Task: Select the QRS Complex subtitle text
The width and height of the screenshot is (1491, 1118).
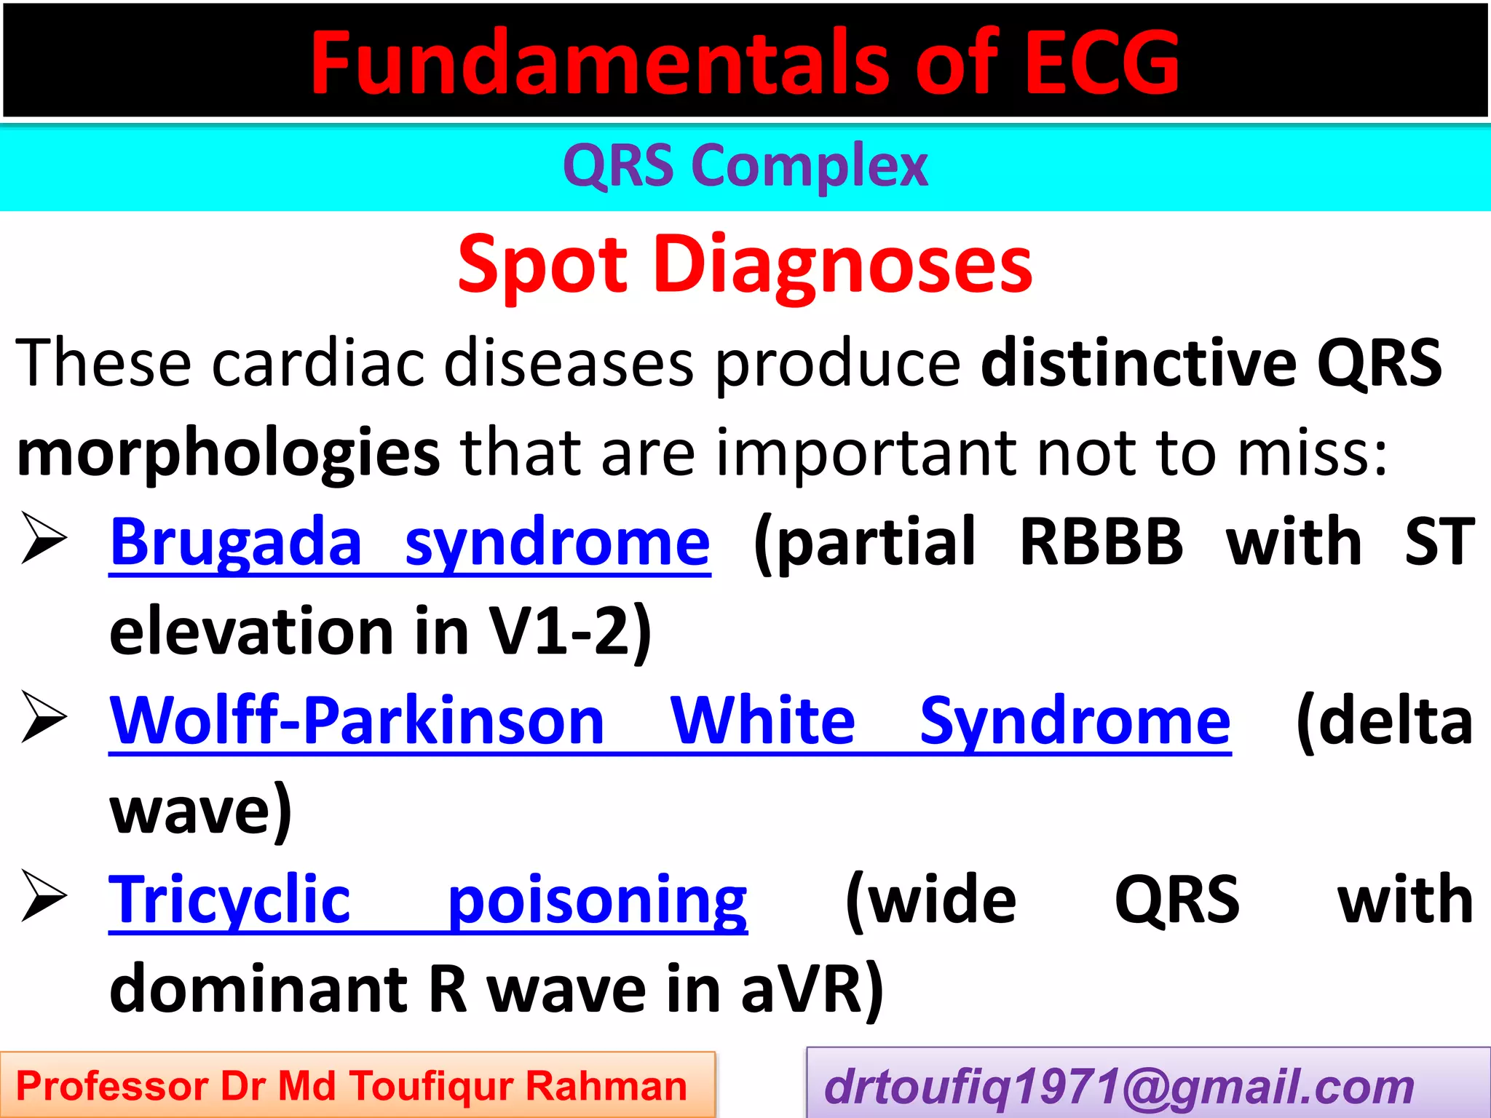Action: [745, 166]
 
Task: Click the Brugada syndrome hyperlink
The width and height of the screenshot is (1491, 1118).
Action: [410, 542]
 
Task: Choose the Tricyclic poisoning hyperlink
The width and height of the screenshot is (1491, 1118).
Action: [428, 900]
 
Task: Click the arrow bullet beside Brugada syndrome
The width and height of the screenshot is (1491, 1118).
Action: [44, 538]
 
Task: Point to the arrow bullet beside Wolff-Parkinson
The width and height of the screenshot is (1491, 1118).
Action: [44, 716]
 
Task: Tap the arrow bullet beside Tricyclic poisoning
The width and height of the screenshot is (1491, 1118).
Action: [44, 895]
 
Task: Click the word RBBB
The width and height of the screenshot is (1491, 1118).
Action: [1102, 542]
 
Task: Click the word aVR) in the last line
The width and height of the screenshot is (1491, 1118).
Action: [812, 990]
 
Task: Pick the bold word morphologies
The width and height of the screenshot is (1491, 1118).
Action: [228, 453]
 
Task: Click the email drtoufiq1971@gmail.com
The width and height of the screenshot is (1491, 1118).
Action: [1119, 1087]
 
